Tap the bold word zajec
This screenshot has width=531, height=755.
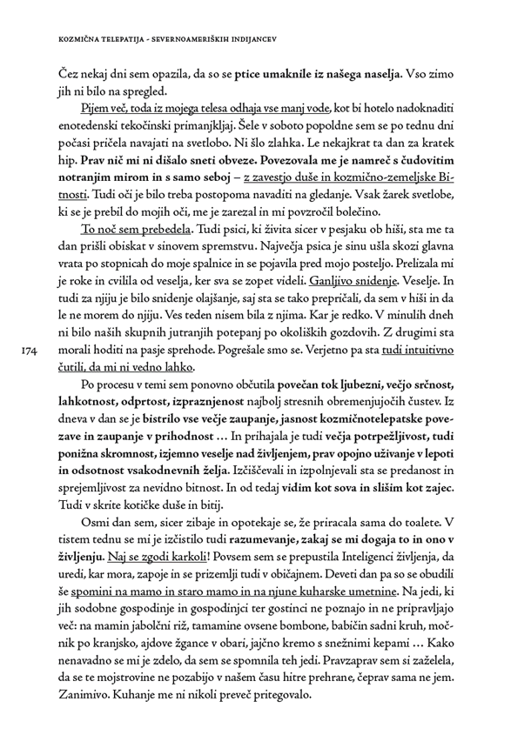pyautogui.click(x=454, y=486)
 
